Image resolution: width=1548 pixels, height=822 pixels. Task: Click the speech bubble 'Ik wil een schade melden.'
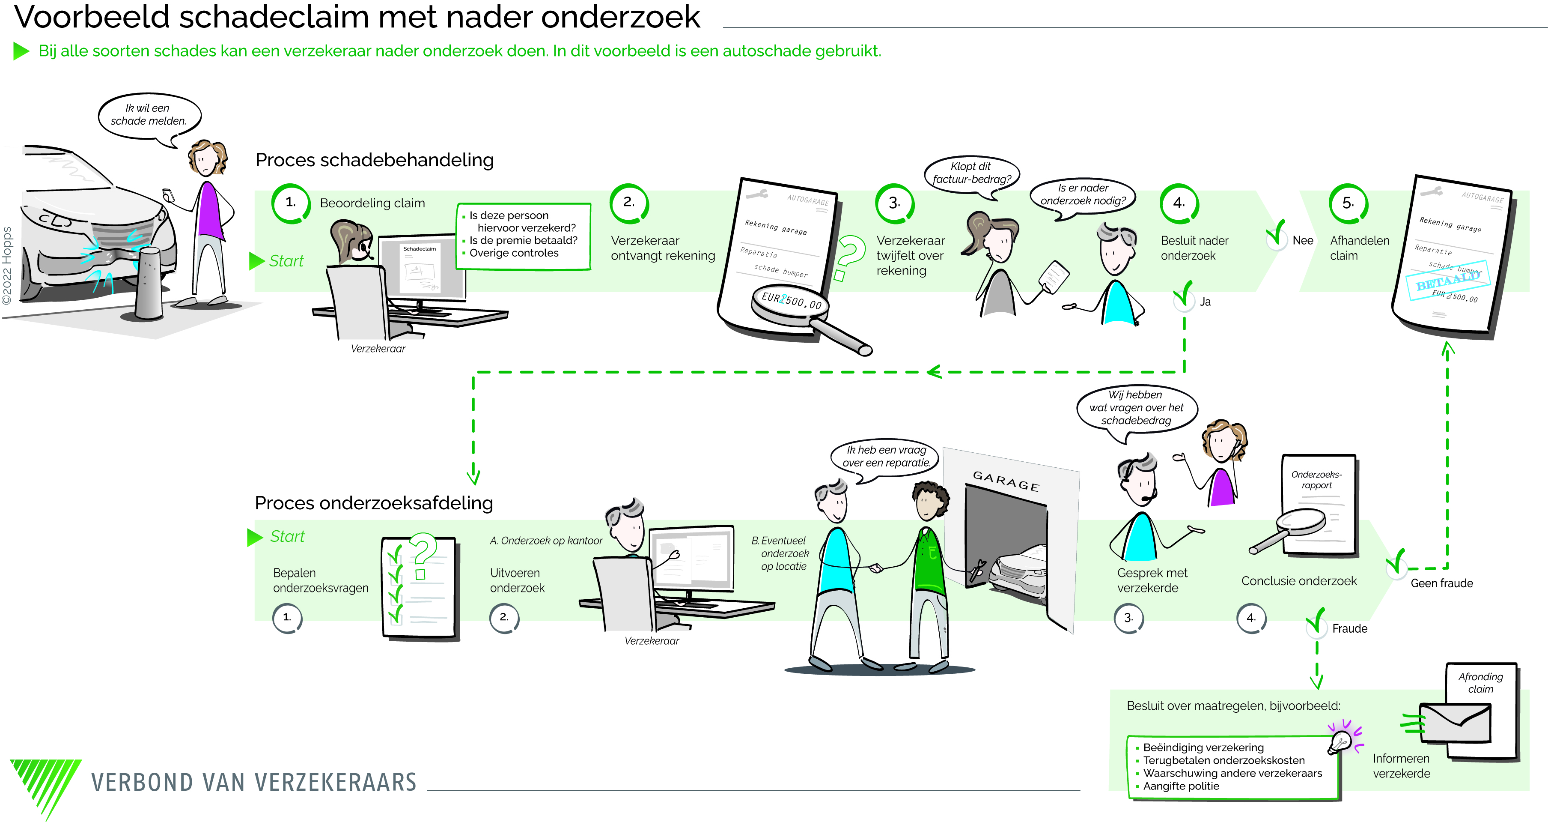point(149,116)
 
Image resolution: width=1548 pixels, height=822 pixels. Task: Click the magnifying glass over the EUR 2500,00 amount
point(791,304)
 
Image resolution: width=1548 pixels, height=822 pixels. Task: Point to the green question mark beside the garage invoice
point(849,257)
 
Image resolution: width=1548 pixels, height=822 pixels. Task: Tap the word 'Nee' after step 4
point(1302,241)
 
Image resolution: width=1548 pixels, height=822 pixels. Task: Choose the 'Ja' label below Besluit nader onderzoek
point(1205,302)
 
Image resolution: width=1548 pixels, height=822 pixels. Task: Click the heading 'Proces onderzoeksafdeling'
point(373,503)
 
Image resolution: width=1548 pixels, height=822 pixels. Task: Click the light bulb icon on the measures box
point(1340,742)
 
